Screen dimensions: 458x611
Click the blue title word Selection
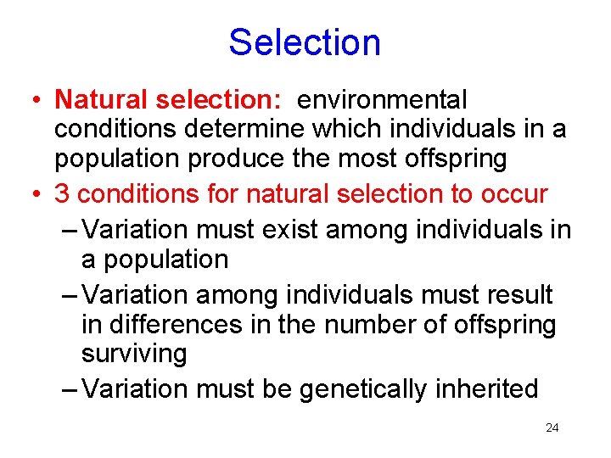click(x=305, y=42)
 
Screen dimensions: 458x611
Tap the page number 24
click(x=552, y=428)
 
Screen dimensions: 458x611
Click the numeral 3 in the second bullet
click(x=63, y=194)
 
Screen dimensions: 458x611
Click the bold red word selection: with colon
click(x=218, y=100)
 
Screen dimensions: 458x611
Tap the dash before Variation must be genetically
click(x=72, y=390)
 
